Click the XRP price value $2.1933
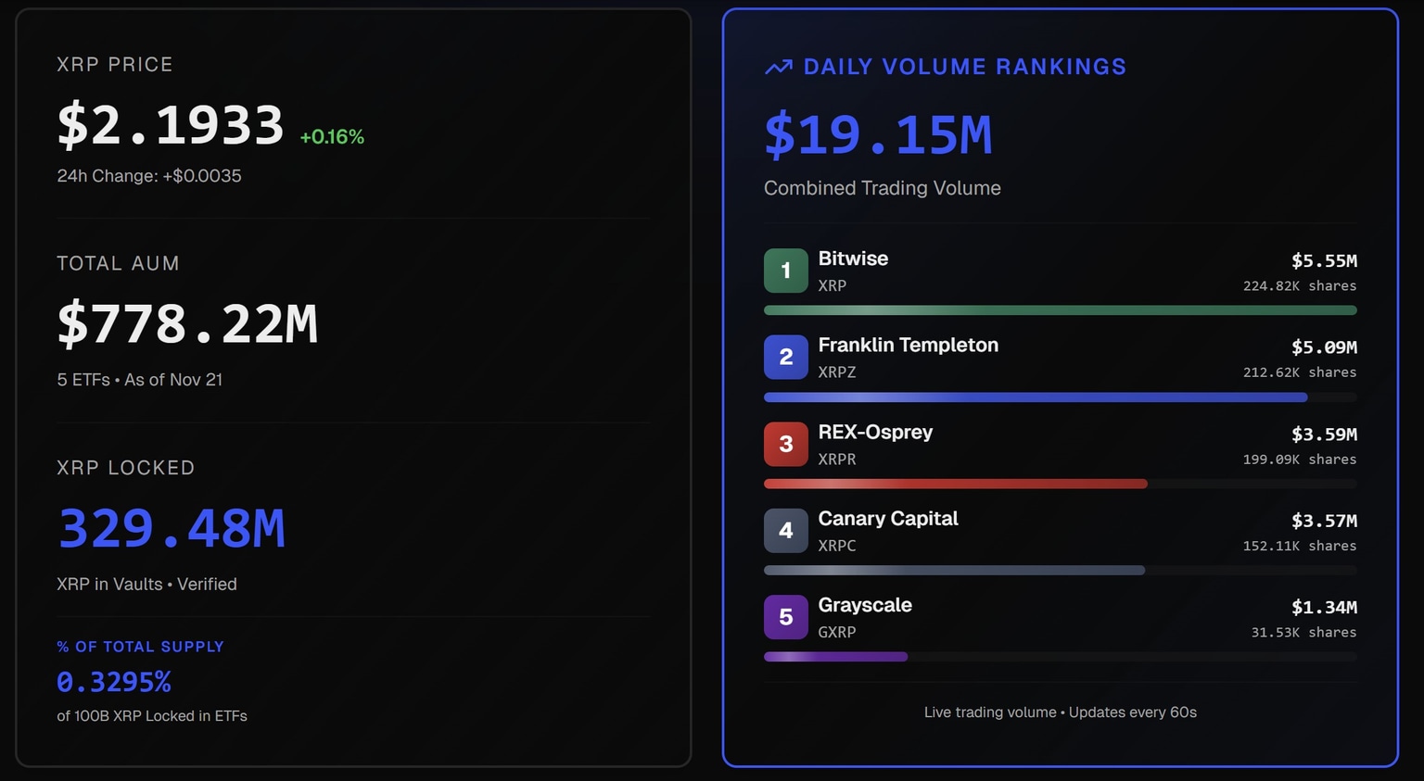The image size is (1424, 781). [170, 125]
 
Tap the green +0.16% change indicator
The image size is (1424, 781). [332, 137]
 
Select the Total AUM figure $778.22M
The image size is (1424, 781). [187, 324]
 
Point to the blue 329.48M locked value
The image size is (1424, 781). [172, 528]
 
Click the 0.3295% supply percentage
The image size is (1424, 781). [114, 682]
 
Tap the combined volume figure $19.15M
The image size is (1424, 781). [878, 135]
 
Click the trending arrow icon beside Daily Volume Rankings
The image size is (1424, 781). [779, 67]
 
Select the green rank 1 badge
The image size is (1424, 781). [785, 271]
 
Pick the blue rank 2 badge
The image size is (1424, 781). [785, 357]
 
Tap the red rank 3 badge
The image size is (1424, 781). [785, 444]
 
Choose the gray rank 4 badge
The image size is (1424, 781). [785, 530]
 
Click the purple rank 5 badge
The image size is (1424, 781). [785, 617]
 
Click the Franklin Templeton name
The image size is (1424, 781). [908, 345]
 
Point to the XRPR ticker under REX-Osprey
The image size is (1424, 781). [836, 460]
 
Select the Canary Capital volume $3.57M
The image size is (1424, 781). [1324, 521]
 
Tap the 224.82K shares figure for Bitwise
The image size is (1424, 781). [1299, 286]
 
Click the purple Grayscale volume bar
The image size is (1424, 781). [835, 657]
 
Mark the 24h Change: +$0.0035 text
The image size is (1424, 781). [149, 176]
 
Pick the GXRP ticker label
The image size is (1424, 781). [836, 633]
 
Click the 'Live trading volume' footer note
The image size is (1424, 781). [1060, 712]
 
